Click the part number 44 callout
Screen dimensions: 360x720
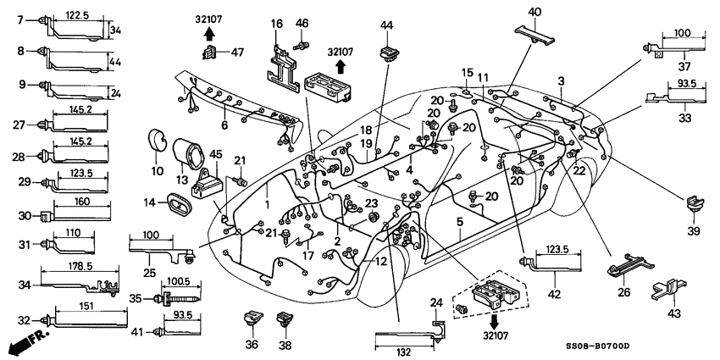click(x=386, y=25)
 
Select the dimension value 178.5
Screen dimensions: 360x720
click(x=80, y=266)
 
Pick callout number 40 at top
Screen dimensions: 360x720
click(x=534, y=11)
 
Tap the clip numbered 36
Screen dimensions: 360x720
click(x=252, y=319)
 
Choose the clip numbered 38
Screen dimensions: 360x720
click(x=285, y=319)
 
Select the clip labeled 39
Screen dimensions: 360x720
click(x=694, y=205)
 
